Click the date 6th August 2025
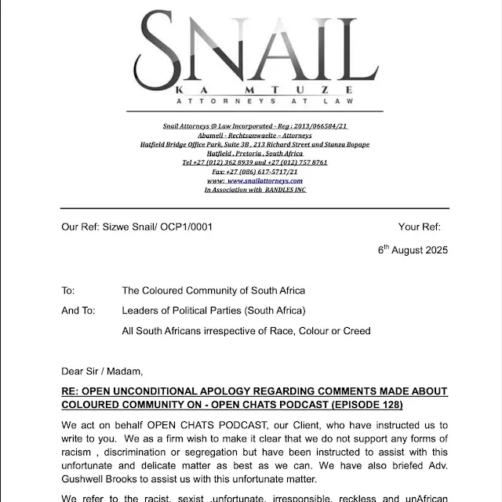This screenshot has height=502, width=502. tap(413, 251)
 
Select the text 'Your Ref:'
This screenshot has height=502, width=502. tap(420, 227)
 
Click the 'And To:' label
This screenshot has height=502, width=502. tap(78, 311)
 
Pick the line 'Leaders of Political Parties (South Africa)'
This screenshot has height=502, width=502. tap(213, 311)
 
